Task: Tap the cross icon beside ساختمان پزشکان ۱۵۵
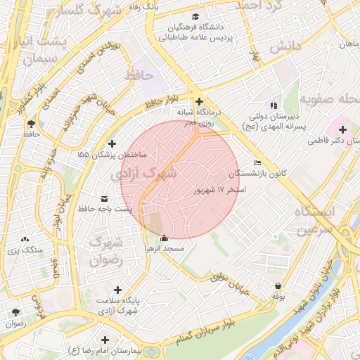point(112,143)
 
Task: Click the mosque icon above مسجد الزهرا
point(164,238)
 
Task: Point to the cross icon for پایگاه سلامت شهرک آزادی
point(117,290)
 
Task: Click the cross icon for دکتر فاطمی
point(342,129)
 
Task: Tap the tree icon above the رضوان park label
point(15,312)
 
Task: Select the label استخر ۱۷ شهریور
point(217,190)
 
